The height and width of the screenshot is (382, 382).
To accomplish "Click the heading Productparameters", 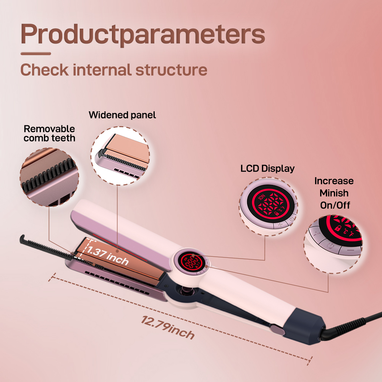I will [x=142, y=34].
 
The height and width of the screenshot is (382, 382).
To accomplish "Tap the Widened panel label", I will [x=122, y=115].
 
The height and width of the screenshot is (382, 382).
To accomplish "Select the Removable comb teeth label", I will [x=49, y=133].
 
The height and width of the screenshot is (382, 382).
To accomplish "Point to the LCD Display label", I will [x=267, y=168].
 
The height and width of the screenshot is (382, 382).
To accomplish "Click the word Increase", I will [x=334, y=181].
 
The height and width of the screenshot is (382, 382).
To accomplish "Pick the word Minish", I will [x=334, y=193].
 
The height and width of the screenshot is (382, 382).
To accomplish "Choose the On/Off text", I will [x=335, y=205].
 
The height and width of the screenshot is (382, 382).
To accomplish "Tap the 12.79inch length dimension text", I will [x=168, y=327].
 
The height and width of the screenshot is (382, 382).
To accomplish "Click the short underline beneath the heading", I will [x=36, y=54].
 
